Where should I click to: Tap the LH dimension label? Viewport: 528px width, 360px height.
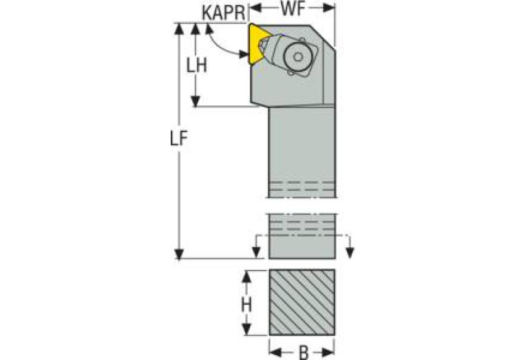198,65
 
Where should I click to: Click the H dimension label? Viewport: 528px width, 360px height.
245,304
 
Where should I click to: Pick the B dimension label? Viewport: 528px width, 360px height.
302,352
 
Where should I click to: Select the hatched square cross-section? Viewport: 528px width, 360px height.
302,303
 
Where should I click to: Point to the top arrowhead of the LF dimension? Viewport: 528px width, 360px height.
180,28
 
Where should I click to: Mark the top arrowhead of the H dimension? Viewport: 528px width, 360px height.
245,275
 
